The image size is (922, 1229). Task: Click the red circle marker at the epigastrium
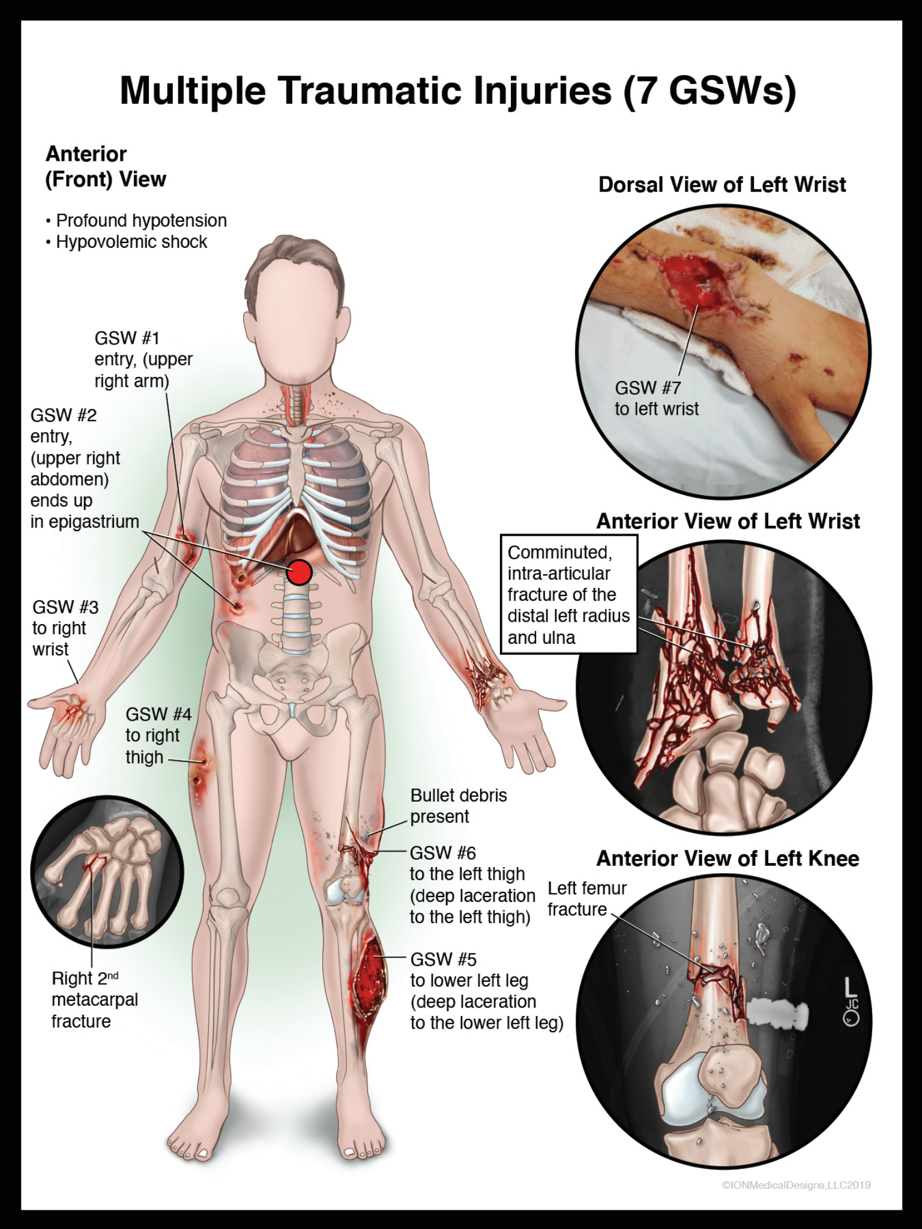[x=299, y=572]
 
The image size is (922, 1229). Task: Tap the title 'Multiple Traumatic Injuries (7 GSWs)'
[x=458, y=91]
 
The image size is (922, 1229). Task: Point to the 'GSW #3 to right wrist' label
[x=65, y=628]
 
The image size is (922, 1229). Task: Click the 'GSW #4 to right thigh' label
[x=158, y=735]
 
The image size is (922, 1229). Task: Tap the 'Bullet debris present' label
[x=458, y=806]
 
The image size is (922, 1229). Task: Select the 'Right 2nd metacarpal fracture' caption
[x=94, y=1000]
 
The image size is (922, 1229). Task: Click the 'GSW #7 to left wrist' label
[x=656, y=398]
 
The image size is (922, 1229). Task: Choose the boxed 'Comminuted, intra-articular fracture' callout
[x=568, y=594]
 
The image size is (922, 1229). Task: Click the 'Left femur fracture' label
[x=586, y=898]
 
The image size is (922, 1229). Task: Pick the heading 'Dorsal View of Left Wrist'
[x=722, y=185]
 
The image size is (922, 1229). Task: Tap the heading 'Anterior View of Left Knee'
[x=728, y=859]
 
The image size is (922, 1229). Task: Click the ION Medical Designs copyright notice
[x=796, y=1185]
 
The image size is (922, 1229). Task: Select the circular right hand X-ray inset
[x=107, y=871]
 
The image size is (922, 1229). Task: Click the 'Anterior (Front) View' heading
[x=106, y=167]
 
